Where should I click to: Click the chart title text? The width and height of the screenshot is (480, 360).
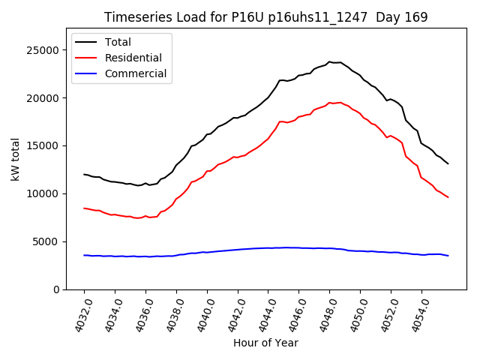[x=265, y=17]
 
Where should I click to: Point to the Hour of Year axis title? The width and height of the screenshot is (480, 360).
[x=265, y=343]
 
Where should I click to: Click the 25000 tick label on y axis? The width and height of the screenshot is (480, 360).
[x=44, y=49]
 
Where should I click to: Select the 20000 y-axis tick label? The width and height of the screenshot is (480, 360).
[x=44, y=97]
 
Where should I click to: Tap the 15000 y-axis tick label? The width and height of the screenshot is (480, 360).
[x=44, y=145]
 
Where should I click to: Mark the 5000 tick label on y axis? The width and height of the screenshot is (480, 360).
[x=47, y=241]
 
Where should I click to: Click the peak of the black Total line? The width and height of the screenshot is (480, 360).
[x=329, y=61]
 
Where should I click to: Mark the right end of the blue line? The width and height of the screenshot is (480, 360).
[x=448, y=256]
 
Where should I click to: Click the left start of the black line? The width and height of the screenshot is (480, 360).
[x=84, y=174]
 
